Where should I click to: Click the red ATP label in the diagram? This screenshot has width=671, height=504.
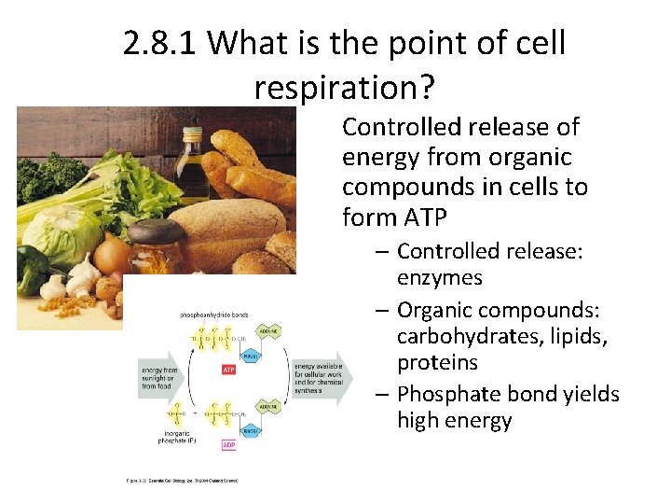click(228, 370)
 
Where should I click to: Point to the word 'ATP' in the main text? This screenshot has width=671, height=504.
click(429, 217)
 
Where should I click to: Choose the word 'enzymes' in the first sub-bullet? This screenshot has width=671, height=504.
click(439, 277)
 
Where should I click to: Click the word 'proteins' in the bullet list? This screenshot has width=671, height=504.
click(437, 362)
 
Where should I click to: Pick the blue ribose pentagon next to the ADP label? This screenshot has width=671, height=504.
click(251, 429)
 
